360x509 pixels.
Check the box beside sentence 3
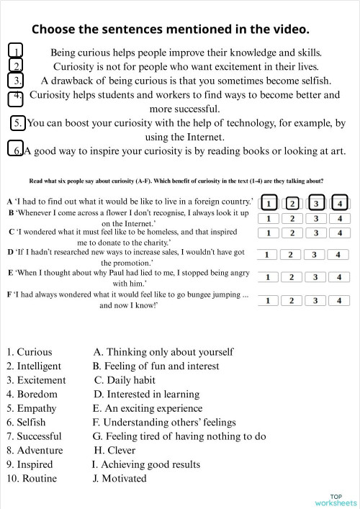click(18, 79)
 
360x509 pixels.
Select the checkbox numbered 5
click(19, 123)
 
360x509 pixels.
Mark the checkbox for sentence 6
click(18, 150)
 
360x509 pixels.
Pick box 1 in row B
click(269, 218)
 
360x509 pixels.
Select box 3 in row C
click(315, 233)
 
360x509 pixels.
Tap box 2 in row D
click(290, 254)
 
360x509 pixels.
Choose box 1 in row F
click(269, 300)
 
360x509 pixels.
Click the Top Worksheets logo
click(335, 500)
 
